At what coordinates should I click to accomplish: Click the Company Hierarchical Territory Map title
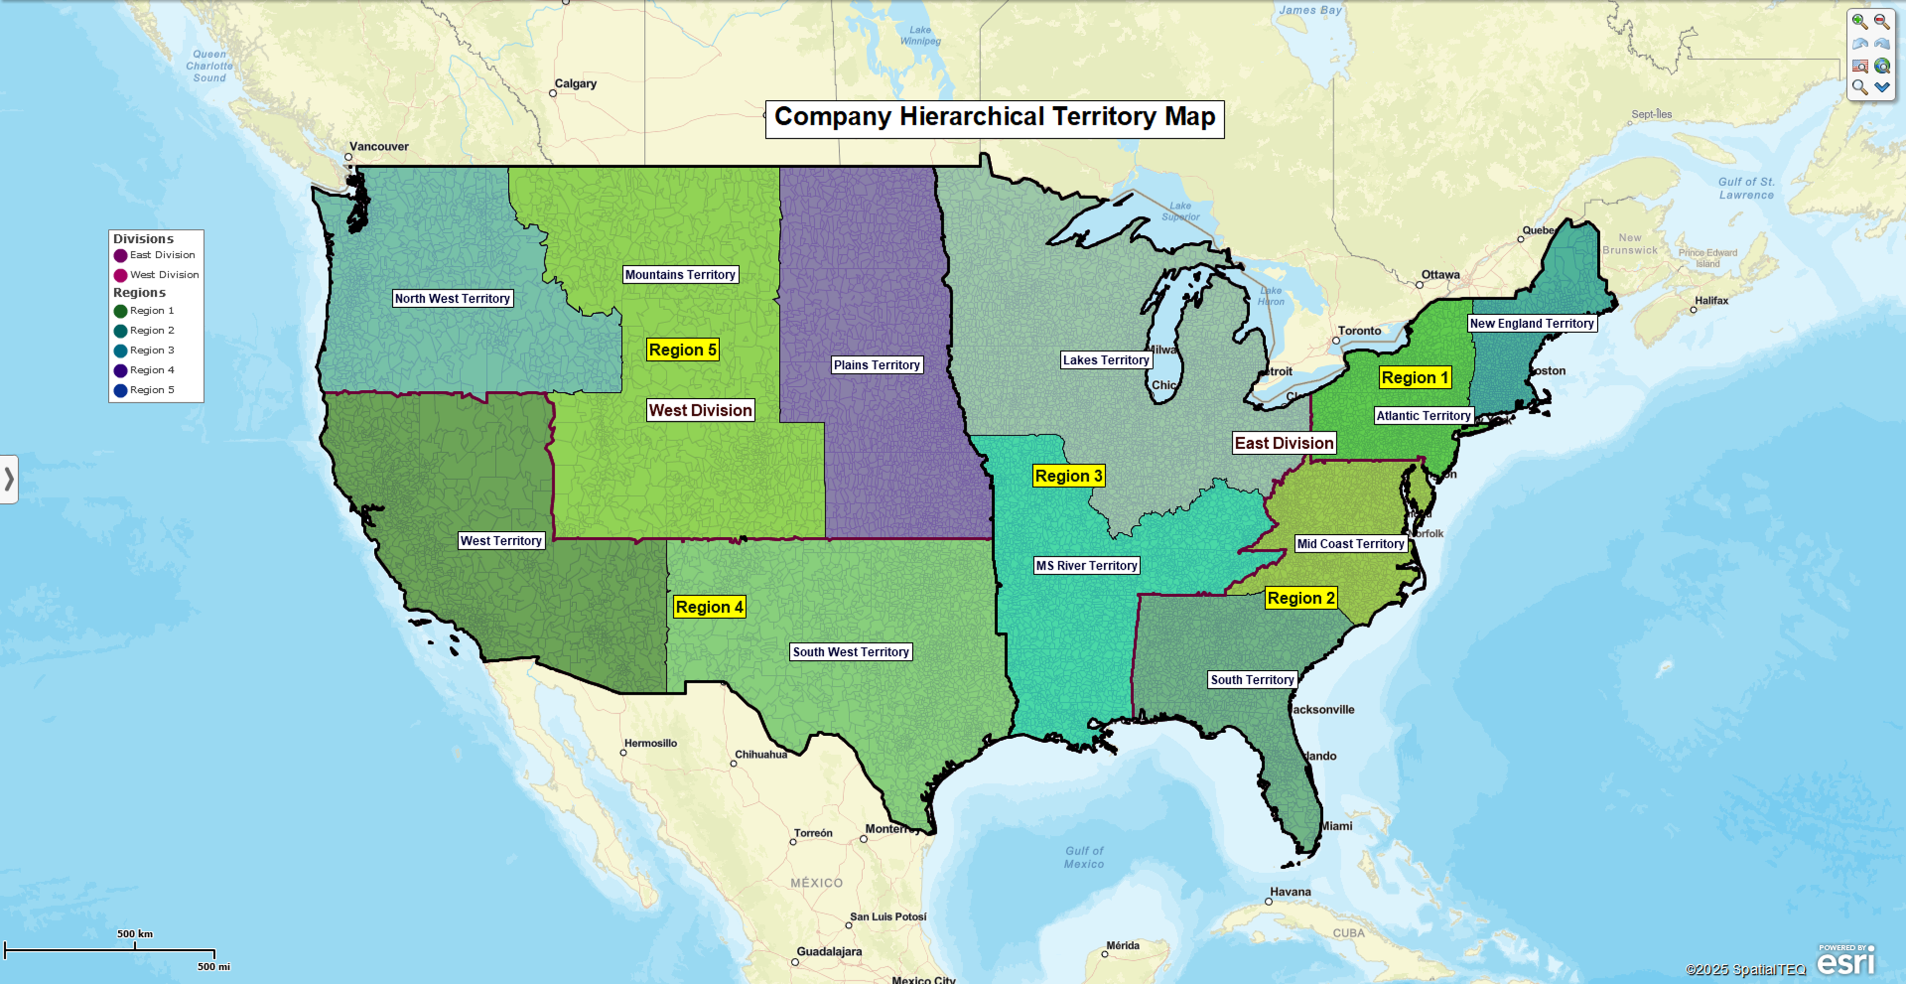click(994, 118)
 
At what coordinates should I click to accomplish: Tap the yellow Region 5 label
click(682, 350)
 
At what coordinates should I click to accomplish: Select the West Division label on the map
click(700, 411)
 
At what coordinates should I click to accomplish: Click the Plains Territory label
click(876, 365)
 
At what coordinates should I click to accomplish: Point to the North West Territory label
click(452, 298)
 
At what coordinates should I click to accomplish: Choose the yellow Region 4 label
click(709, 607)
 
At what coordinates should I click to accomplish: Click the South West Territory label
click(850, 652)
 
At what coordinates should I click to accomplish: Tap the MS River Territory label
click(1086, 565)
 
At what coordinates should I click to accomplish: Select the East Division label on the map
click(1284, 443)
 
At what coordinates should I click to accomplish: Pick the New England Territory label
click(1532, 323)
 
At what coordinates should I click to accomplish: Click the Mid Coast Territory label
click(1350, 544)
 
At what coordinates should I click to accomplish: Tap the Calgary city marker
click(553, 93)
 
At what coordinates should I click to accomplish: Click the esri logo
click(1845, 962)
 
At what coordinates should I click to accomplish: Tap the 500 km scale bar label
click(135, 934)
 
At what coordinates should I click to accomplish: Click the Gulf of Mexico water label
click(1084, 857)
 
